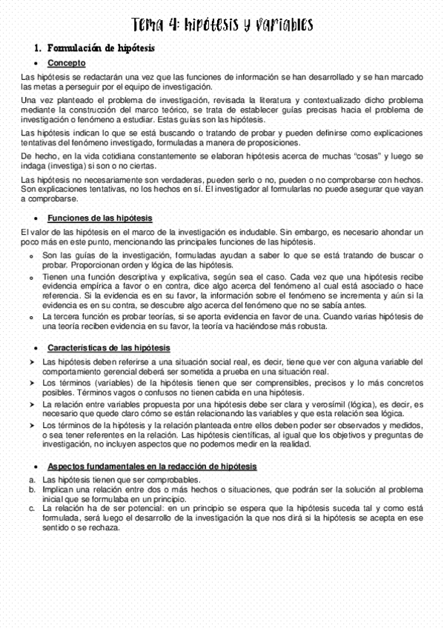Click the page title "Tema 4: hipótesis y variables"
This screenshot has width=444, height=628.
(222, 26)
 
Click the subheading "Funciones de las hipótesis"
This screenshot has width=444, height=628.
(100, 218)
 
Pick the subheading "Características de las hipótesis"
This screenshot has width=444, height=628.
(109, 347)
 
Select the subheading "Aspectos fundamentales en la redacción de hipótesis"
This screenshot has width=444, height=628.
(152, 467)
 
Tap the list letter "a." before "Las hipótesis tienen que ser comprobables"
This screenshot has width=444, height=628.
(32, 480)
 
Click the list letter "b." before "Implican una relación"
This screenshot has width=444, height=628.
(32, 490)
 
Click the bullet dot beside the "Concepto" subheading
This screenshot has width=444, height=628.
(37, 64)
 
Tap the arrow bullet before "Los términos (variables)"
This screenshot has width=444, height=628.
(33, 383)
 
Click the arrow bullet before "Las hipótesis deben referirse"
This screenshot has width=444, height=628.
(33, 361)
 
